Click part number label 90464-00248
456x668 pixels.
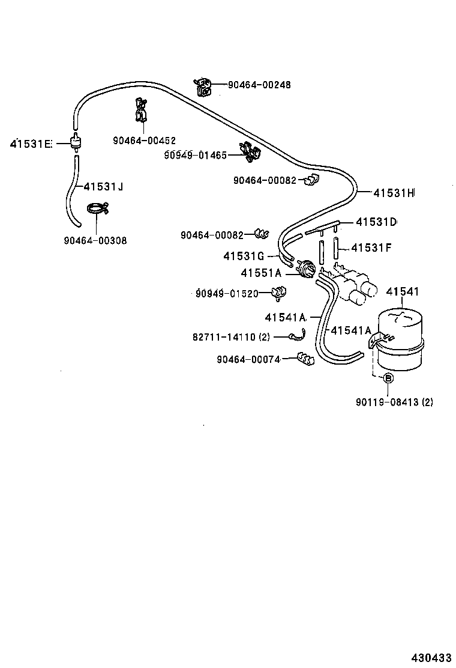pos(259,85)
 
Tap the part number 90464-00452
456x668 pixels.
pos(144,141)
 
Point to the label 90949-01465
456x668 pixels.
pos(195,155)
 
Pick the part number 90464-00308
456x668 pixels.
pos(95,241)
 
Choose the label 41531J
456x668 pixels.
pos(103,187)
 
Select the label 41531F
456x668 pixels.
pos(371,247)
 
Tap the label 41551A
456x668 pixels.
pos(261,273)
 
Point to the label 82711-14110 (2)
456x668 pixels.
pos(232,338)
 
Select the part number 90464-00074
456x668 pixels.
pos(248,359)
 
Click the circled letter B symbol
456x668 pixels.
pos(388,378)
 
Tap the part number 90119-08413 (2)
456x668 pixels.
pos(393,402)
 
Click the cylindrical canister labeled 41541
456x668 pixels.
pos(399,339)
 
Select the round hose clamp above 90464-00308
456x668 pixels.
pos(96,209)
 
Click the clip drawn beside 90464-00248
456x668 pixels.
pos(203,87)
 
